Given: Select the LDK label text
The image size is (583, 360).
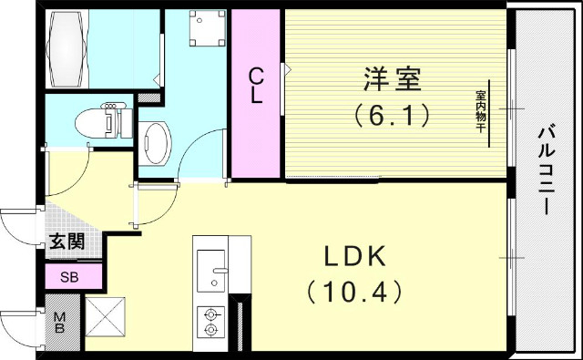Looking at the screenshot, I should [353, 256].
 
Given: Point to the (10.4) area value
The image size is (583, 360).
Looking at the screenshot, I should [353, 293].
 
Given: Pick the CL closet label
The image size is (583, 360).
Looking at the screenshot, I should [256, 87].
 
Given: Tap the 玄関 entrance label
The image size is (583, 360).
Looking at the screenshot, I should [66, 242].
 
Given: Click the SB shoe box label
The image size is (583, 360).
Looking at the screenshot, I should [68, 277].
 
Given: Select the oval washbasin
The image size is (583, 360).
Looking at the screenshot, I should [157, 143].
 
